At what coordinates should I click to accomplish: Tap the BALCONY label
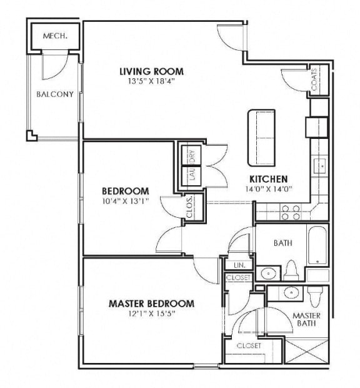pos(55,94)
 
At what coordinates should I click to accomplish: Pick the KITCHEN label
pos(269,178)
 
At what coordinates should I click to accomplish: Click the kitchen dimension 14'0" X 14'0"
pos(269,188)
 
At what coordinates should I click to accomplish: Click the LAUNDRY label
pos(192,165)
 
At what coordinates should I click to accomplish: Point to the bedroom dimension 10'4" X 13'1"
pos(126,201)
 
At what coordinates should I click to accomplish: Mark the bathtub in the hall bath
pos(317,245)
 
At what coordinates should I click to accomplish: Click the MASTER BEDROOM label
pos(151,304)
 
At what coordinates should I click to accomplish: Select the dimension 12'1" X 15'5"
pos(151,314)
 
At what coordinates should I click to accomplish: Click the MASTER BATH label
pos(306,319)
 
